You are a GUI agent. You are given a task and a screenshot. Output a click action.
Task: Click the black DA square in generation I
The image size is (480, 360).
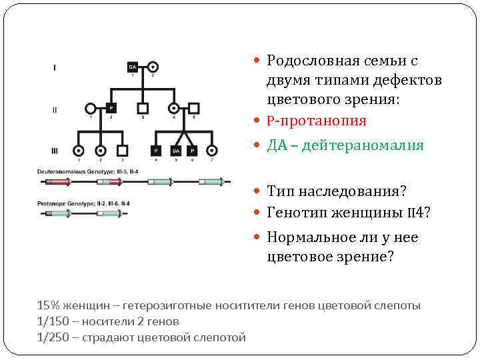point(132,67)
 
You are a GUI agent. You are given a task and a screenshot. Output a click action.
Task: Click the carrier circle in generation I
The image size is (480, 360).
point(152,67)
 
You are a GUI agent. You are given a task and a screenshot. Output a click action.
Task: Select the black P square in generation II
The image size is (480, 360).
point(111,108)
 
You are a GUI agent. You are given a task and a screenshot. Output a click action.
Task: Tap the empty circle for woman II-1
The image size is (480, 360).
point(91,108)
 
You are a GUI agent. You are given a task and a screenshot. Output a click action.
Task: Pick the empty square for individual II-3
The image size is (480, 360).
point(142,108)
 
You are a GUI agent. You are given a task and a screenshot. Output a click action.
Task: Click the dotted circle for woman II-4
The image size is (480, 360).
point(174,108)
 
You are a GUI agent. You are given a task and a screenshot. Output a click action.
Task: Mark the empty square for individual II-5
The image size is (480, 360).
point(194,108)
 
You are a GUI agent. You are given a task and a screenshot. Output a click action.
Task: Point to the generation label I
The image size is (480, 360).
point(54,67)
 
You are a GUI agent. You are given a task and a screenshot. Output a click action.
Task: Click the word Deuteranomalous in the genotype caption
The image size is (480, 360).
point(61,171)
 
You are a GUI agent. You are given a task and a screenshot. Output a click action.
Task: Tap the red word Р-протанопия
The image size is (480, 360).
point(317,121)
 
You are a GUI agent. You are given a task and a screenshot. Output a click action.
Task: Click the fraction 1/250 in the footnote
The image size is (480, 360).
point(50,337)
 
